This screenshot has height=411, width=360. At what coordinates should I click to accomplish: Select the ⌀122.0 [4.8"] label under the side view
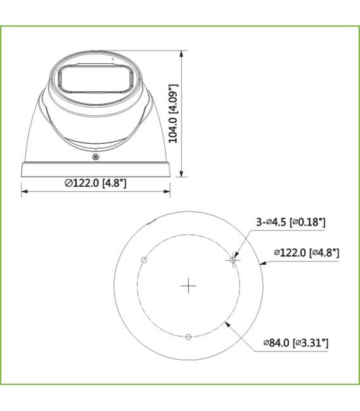pyautogui.click(x=96, y=184)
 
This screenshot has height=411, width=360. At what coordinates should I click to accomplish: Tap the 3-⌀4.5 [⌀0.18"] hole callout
pyautogui.click(x=290, y=222)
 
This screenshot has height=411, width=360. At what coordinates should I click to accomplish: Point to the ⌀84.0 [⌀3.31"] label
pyautogui.click(x=296, y=343)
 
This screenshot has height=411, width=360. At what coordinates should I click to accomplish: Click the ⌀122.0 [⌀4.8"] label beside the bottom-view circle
pyautogui.click(x=306, y=253)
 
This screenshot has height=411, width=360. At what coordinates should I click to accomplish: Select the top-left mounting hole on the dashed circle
pyautogui.click(x=144, y=260)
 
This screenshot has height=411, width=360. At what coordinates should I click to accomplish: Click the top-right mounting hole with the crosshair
pyautogui.click(x=233, y=260)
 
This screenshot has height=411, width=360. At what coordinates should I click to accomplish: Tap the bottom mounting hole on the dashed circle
pyautogui.click(x=188, y=337)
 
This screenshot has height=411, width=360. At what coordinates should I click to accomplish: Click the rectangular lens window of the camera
pyautogui.click(x=95, y=80)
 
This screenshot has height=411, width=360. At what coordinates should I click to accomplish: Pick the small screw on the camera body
pyautogui.click(x=95, y=156)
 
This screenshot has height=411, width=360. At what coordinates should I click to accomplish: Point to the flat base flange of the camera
pyautogui.click(x=96, y=169)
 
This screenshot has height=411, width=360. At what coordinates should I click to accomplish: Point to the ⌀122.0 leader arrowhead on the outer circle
pyautogui.click(x=262, y=262)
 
